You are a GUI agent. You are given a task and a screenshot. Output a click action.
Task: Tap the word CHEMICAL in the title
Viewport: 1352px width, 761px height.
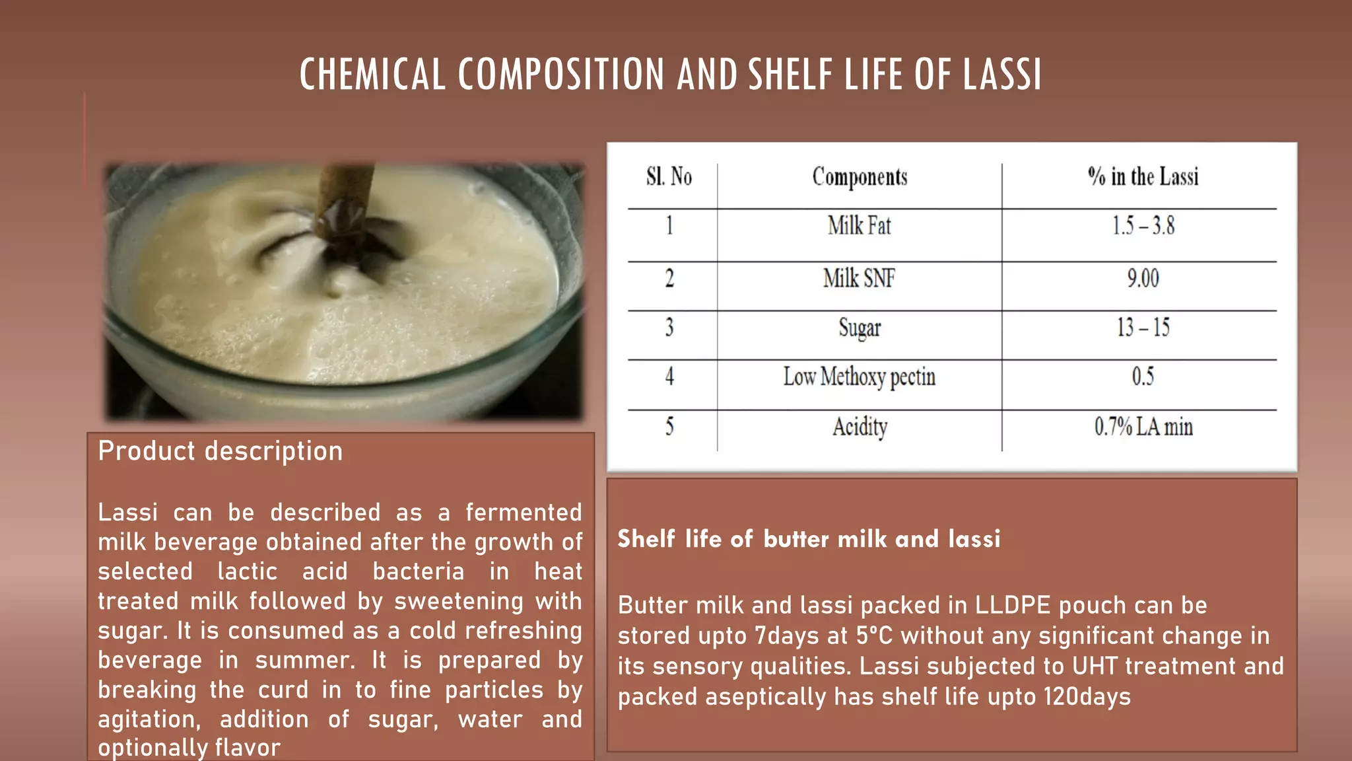click(372, 74)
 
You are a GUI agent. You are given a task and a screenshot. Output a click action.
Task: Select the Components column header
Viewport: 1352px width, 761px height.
click(860, 177)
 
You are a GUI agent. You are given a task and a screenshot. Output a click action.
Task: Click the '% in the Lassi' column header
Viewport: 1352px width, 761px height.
click(1143, 177)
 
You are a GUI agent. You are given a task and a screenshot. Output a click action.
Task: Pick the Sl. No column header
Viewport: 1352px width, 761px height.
click(669, 177)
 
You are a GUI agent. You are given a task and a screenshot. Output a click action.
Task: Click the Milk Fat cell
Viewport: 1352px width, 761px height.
click(860, 226)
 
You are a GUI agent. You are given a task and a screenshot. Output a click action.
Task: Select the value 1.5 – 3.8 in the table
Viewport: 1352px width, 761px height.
click(1143, 226)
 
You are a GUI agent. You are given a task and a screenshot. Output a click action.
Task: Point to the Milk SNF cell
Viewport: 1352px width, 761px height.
click(859, 278)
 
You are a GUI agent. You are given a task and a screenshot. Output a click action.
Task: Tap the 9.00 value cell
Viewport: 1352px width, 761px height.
click(1143, 278)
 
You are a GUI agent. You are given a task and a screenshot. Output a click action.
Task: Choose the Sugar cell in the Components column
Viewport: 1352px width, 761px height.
click(860, 328)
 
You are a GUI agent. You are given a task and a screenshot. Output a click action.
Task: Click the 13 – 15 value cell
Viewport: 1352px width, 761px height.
click(1143, 328)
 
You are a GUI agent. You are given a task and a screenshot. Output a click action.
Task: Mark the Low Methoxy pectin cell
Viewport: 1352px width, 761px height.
click(860, 377)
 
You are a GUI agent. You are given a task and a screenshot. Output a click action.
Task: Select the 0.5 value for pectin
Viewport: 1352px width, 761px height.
click(1143, 377)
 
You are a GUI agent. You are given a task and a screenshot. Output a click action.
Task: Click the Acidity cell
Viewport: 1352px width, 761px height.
click(860, 427)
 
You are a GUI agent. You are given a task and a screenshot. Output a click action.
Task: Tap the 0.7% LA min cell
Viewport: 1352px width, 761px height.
click(1143, 427)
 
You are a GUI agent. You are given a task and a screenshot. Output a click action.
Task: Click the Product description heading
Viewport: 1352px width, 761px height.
click(220, 451)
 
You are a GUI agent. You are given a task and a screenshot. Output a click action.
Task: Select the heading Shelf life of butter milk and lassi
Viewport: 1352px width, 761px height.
click(809, 539)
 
